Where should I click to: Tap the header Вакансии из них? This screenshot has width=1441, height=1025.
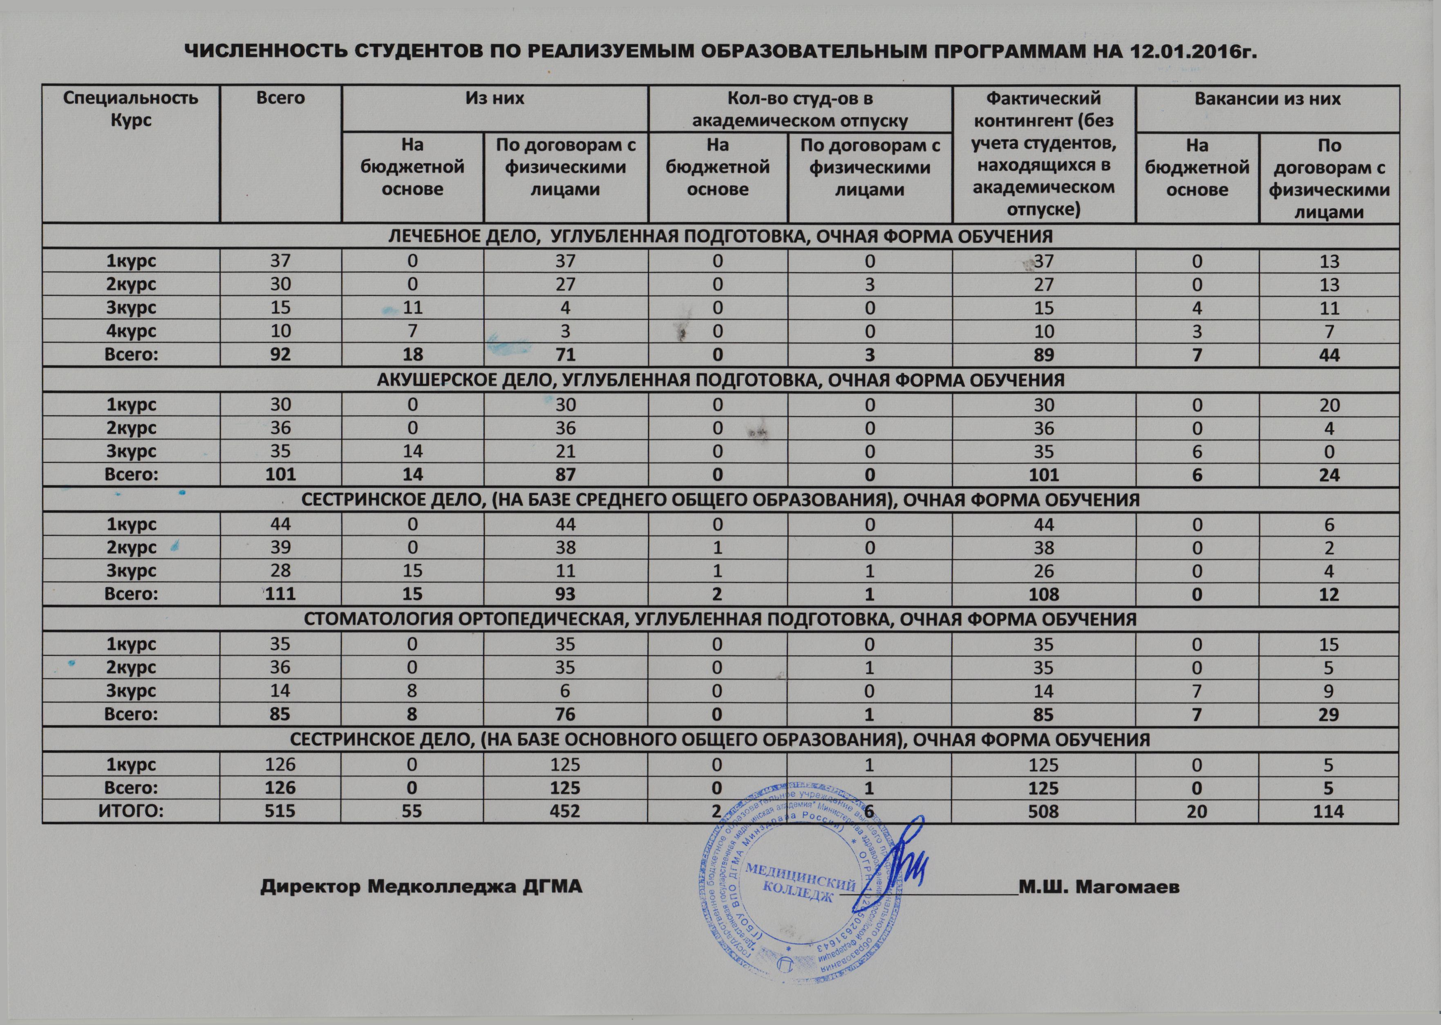point(1267,99)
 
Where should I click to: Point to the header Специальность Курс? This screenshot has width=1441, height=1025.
point(131,109)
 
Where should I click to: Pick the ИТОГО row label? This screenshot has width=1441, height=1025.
point(131,811)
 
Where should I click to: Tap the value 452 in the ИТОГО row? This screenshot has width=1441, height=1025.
point(565,811)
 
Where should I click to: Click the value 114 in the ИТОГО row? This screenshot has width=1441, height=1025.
point(1328,811)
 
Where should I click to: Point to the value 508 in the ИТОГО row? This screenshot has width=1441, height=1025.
point(1043,811)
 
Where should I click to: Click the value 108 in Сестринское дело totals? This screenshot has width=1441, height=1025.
point(1043,594)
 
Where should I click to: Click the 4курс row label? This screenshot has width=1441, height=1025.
point(131,331)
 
